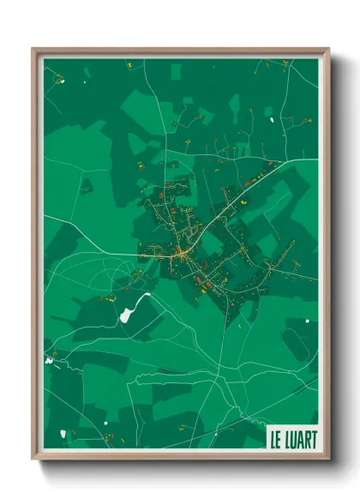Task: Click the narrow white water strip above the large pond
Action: coord(142,297)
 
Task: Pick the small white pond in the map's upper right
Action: coord(273,119)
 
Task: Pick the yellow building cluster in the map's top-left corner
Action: coord(60,79)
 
